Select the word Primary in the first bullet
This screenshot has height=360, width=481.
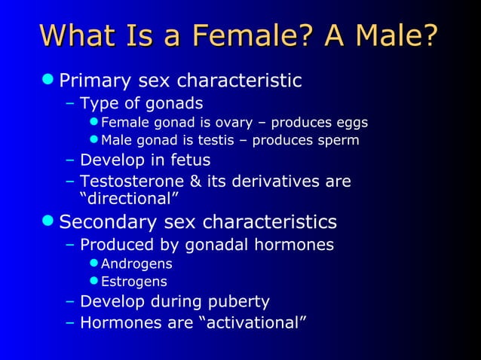coord(94,80)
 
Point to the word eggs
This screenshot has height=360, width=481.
coord(351,123)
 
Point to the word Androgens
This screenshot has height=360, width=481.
coord(136,264)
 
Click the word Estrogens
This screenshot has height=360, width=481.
coord(134,282)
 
